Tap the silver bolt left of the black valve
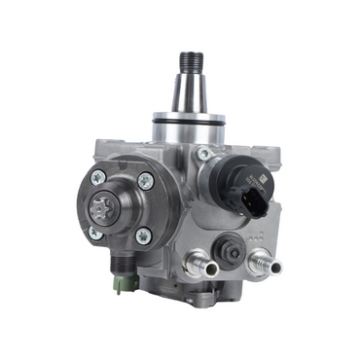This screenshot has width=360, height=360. [x=203, y=153]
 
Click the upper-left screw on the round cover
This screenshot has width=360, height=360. [x=98, y=178]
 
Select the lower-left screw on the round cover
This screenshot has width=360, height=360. [x=96, y=234]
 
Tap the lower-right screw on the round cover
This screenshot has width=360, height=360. [x=143, y=234]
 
